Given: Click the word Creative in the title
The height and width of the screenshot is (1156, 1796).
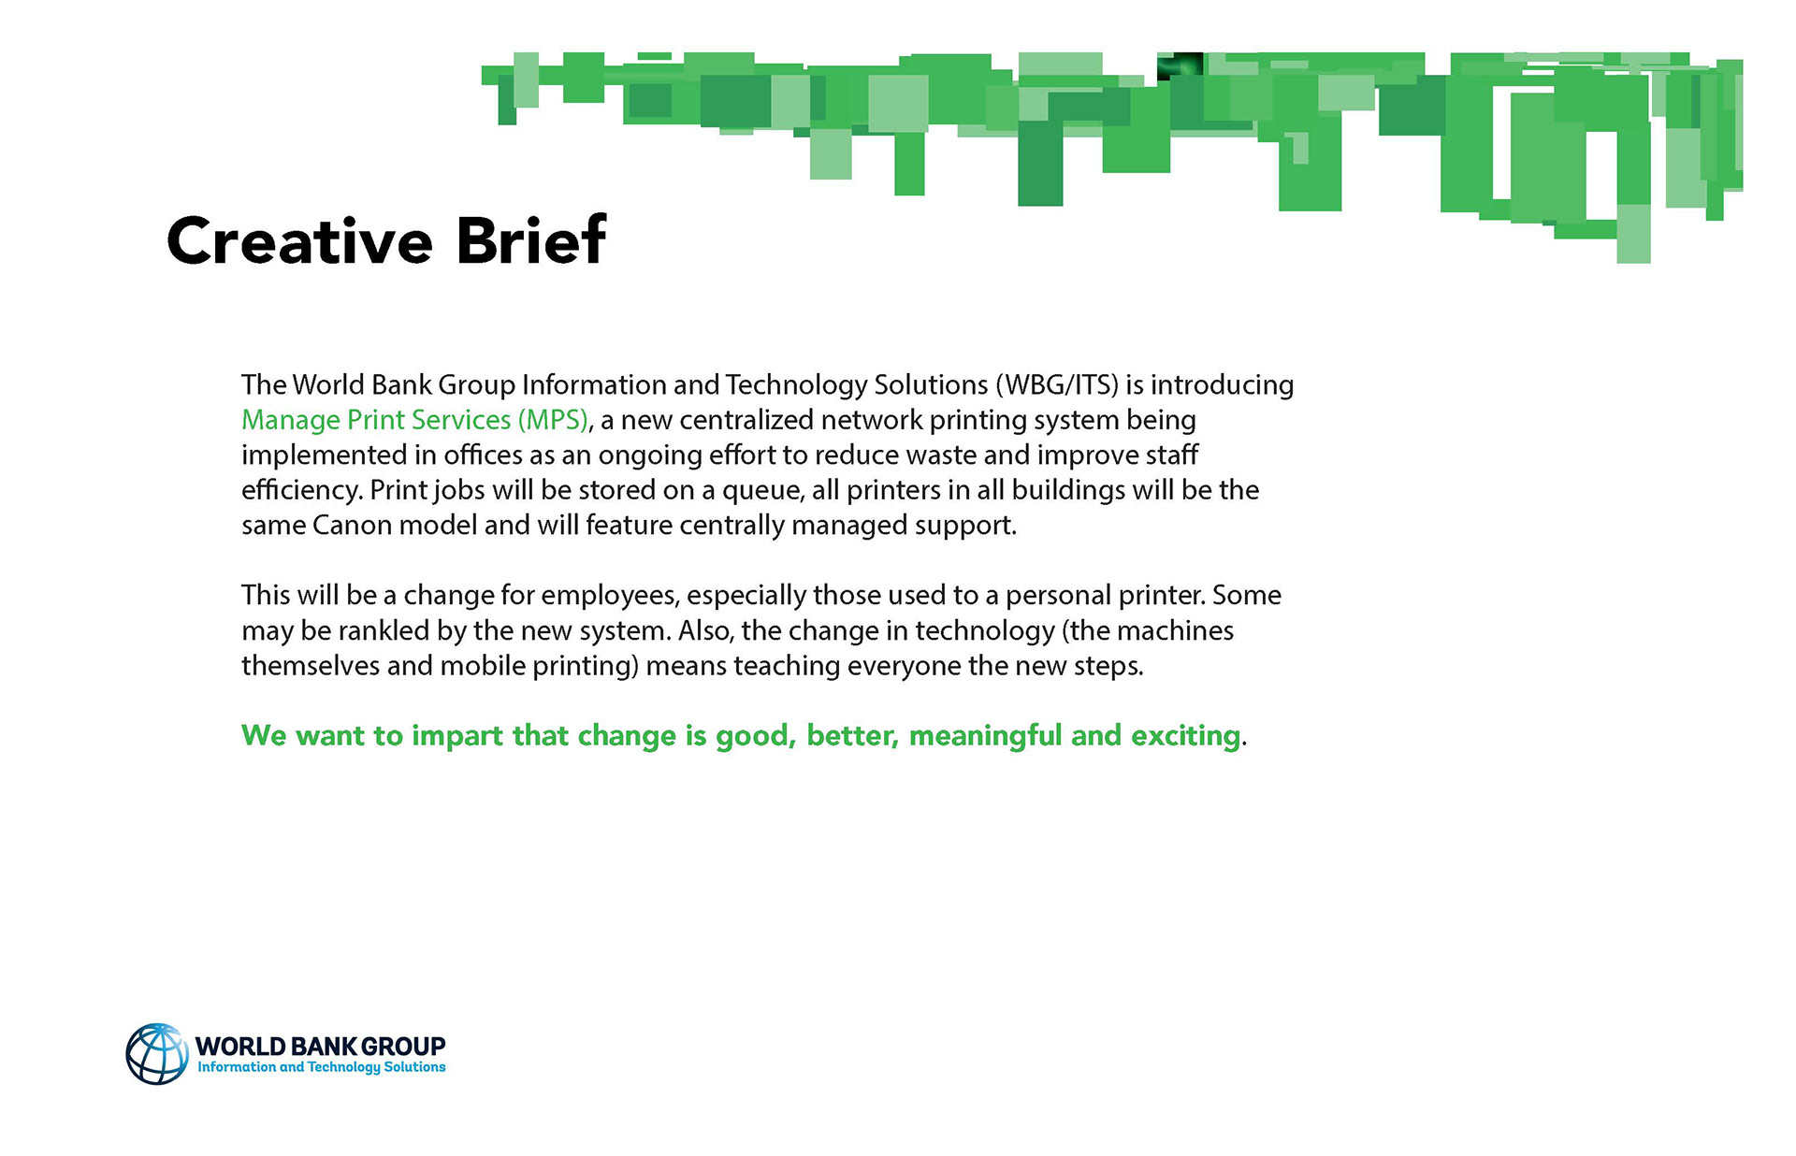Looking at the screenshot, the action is pyautogui.click(x=299, y=240).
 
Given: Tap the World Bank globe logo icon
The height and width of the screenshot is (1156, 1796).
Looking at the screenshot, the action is pyautogui.click(x=157, y=1054).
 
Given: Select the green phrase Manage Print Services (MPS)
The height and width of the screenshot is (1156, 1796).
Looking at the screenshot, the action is pyautogui.click(x=414, y=421).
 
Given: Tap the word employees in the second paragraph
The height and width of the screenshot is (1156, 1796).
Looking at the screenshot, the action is pyautogui.click(x=609, y=597).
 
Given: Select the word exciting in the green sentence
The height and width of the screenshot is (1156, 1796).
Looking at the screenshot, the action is pyautogui.click(x=1186, y=737).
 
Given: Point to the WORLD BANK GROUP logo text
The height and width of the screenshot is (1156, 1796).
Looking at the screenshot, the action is pyautogui.click(x=320, y=1046).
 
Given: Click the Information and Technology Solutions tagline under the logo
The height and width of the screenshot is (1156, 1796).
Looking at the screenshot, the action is pyautogui.click(x=321, y=1067).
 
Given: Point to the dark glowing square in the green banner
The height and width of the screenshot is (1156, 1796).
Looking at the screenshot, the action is pyautogui.click(x=1180, y=66).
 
